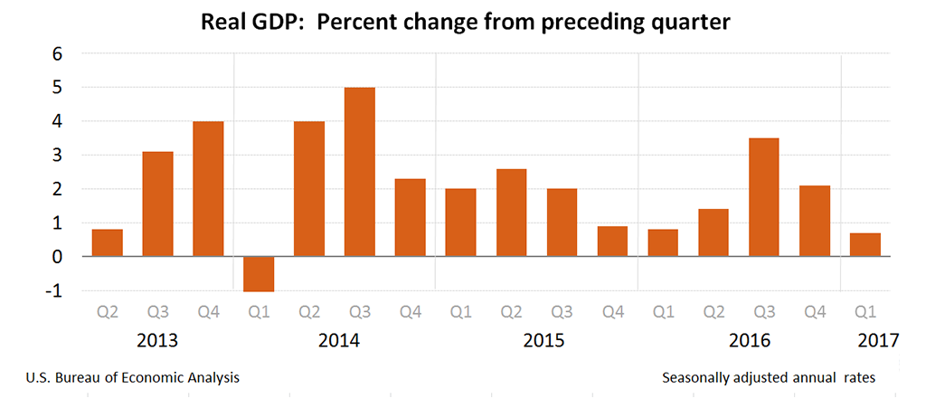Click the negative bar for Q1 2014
click(x=259, y=273)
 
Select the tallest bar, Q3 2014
click(x=360, y=172)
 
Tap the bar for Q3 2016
click(x=764, y=197)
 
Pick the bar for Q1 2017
click(x=865, y=244)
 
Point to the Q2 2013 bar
click(x=108, y=242)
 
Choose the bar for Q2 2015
click(x=512, y=213)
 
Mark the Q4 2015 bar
click(x=612, y=242)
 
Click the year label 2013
click(x=157, y=341)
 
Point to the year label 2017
click(x=877, y=341)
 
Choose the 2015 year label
click(x=543, y=341)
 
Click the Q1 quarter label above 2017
click(x=865, y=312)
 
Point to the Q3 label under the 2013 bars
click(x=158, y=312)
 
